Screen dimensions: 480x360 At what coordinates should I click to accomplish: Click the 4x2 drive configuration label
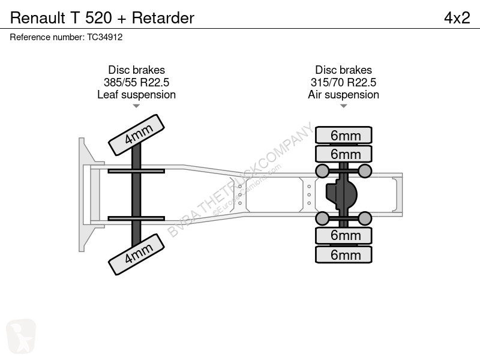[457, 18]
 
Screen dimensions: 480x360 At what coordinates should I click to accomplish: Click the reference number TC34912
[104, 37]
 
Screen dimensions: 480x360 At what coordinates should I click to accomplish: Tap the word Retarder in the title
[163, 18]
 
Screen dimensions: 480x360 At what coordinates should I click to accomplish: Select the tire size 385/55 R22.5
[137, 82]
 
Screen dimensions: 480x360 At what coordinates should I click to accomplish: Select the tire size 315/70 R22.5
[343, 82]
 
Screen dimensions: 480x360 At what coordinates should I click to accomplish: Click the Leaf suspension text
[137, 95]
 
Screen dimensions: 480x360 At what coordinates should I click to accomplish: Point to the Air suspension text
[343, 95]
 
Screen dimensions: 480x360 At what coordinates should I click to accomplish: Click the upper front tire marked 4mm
[137, 135]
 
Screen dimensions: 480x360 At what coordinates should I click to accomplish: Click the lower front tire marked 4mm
[137, 254]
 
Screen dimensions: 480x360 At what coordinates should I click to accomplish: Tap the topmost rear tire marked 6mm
[343, 135]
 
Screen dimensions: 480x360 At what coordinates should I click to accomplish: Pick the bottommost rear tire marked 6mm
[343, 254]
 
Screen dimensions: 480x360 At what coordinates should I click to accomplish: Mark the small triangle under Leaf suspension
[137, 106]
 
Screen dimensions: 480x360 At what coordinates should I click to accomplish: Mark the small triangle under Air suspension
[343, 106]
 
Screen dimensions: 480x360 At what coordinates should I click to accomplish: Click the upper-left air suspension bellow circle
[322, 171]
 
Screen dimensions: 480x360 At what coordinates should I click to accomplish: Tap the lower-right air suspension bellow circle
[365, 218]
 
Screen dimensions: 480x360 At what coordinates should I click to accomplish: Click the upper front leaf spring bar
[136, 171]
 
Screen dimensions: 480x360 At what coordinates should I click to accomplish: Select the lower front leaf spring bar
[136, 218]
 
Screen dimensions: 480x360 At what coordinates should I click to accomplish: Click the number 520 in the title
[98, 18]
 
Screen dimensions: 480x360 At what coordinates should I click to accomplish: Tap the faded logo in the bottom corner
[21, 336]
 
